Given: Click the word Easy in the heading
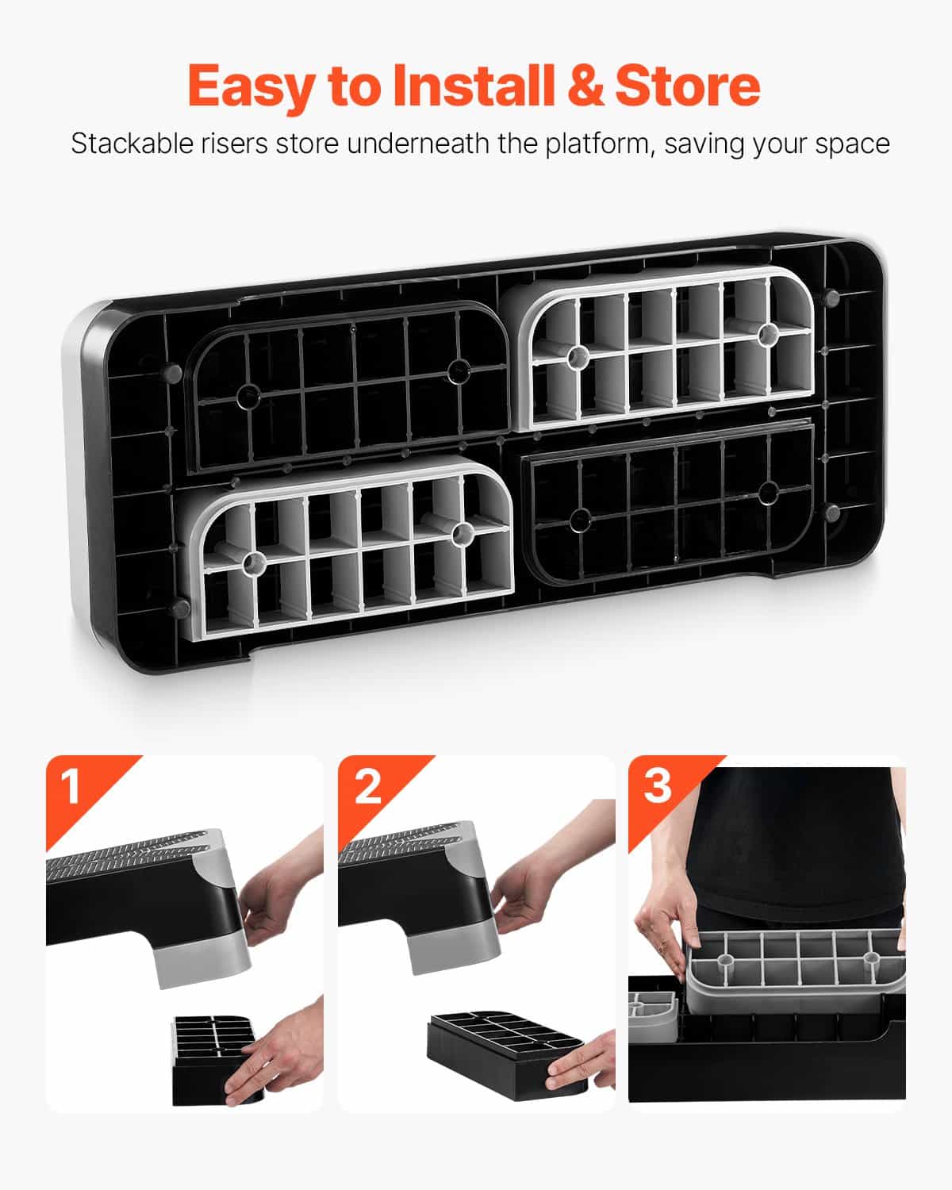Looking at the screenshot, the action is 251,87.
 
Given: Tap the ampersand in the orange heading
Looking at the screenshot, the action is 585,85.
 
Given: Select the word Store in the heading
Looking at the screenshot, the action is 687,85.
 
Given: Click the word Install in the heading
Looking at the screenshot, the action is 474,85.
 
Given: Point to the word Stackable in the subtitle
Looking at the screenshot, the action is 132,144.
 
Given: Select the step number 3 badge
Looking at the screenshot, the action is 658,785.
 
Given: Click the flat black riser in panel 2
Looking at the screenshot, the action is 506,1054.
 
